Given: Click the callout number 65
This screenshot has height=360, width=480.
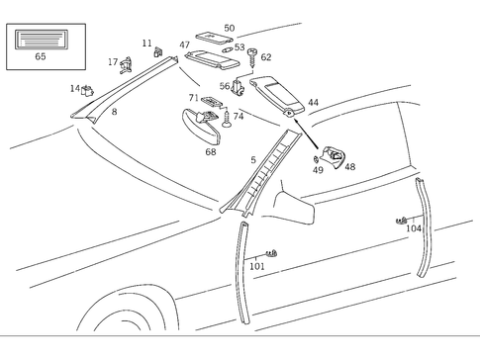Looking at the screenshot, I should pos(41,57).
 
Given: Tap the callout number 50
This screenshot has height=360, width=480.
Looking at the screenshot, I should pos(230,29).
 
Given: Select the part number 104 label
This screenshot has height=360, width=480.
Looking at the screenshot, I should pos(414,228).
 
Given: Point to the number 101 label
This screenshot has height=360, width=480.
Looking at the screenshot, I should pos(256,266).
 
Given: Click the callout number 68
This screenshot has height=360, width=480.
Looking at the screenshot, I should pos(211,151).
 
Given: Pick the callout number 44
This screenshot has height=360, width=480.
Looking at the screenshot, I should pos(313,103).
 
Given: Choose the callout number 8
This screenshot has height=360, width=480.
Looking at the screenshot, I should pos(114,113).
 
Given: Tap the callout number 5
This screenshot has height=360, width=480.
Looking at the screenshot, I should pos(252,159).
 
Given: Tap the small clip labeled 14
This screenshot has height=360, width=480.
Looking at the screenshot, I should pos(87,91).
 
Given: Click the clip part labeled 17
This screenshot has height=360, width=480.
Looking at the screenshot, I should pos(127,65).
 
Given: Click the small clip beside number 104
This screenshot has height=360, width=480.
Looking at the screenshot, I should pos(401,220).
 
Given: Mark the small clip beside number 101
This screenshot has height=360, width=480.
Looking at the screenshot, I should pos(273,254).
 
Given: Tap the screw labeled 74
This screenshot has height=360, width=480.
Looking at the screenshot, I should pos(228,122).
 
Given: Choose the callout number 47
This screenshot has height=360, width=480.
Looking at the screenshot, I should pos(185,45).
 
